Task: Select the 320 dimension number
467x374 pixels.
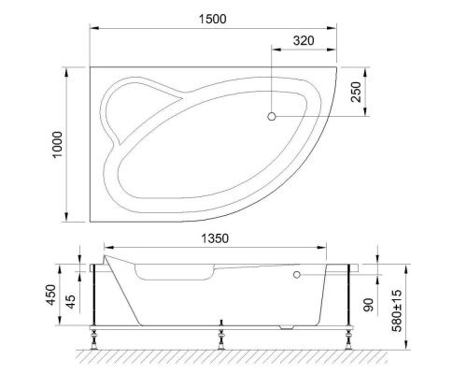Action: (x=301, y=41)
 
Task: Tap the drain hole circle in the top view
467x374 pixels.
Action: (x=272, y=117)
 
